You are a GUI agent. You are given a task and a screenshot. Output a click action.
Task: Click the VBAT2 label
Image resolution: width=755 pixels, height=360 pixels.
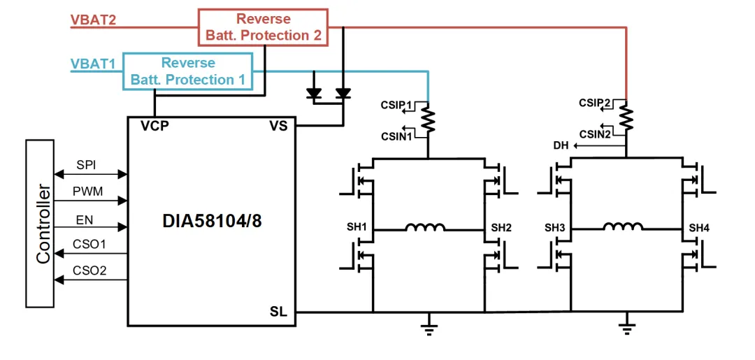(93, 19)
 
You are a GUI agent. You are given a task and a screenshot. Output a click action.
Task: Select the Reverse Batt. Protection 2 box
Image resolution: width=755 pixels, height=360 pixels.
(263, 27)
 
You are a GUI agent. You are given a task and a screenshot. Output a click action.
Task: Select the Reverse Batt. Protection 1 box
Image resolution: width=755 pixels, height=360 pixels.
(187, 71)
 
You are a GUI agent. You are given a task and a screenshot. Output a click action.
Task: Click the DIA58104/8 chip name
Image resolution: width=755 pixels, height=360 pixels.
(210, 224)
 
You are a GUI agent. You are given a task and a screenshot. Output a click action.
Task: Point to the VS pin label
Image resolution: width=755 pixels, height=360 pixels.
(279, 127)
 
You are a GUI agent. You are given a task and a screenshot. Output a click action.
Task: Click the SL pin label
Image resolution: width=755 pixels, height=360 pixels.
(278, 310)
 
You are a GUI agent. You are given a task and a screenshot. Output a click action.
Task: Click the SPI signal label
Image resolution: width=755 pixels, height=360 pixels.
(87, 165)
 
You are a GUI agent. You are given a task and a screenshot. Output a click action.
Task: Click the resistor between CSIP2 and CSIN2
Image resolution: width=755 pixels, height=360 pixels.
(626, 118)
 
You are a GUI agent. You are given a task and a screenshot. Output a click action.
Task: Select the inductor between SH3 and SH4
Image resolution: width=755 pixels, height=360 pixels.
(624, 227)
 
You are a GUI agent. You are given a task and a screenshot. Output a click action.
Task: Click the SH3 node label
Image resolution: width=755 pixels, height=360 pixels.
(555, 228)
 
